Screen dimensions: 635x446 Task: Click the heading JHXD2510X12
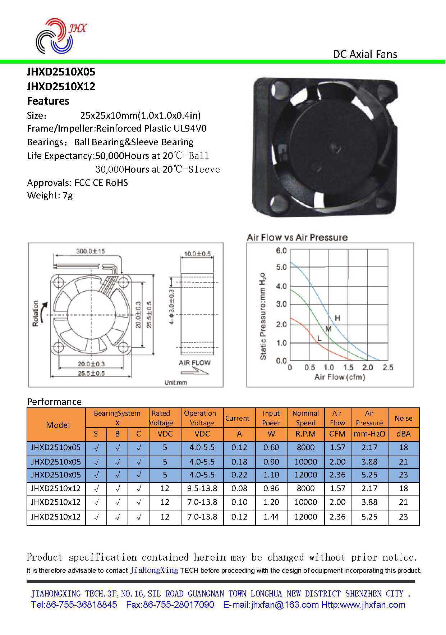click(61, 86)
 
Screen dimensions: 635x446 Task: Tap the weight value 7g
click(68, 196)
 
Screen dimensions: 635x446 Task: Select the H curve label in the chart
click(337, 318)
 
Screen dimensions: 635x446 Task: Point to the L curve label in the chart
click(319, 338)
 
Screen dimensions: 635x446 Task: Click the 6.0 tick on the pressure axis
click(281, 250)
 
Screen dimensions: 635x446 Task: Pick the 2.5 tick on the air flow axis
click(388, 367)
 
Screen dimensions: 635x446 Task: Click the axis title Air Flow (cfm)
click(340, 377)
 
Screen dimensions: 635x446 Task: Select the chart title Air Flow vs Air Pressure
click(297, 237)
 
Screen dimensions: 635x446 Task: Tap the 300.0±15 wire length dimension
click(90, 251)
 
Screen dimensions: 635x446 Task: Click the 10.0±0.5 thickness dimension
click(197, 254)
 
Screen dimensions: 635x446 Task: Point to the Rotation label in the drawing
click(36, 313)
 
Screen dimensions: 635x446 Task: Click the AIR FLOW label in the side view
click(194, 362)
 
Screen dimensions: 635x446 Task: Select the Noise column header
click(403, 418)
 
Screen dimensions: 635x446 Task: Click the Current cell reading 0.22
click(239, 475)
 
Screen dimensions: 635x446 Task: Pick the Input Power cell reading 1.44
click(271, 517)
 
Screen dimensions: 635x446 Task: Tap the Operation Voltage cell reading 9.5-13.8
click(202, 488)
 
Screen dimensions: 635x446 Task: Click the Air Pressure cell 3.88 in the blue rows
click(369, 461)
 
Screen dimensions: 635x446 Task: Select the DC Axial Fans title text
click(365, 54)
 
